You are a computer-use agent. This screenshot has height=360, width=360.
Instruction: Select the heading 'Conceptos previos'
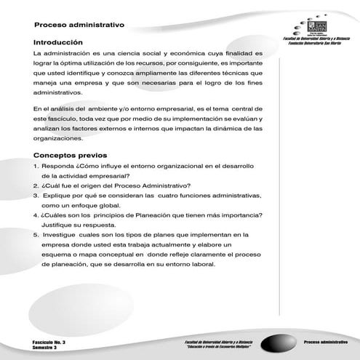(70, 155)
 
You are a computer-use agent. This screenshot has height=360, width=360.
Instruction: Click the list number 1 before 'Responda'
(36, 166)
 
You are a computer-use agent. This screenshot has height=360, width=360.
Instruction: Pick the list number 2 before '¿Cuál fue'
(36, 185)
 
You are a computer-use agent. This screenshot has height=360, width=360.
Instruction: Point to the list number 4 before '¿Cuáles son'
(36, 215)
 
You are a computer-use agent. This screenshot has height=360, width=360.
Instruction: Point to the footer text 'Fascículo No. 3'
(49, 341)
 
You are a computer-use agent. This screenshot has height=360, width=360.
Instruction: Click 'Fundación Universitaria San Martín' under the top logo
(316, 44)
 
